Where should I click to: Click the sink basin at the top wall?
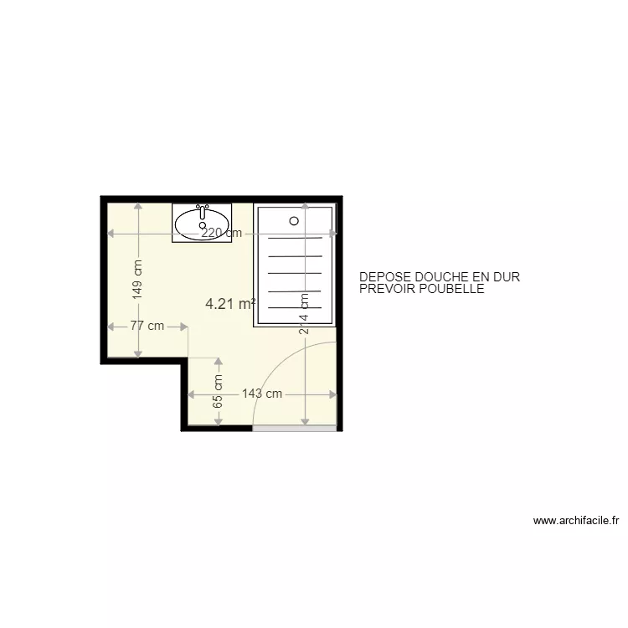click(x=202, y=223)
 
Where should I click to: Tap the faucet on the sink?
click(x=202, y=209)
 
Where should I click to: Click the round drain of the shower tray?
click(x=294, y=220)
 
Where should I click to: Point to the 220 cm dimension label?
click(x=222, y=234)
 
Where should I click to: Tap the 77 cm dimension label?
click(x=147, y=327)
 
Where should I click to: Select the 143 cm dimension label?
click(x=262, y=394)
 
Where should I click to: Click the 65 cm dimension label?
click(x=219, y=391)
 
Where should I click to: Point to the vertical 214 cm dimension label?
click(x=306, y=313)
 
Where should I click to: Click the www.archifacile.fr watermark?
click(x=576, y=520)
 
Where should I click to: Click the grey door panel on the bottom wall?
click(x=294, y=428)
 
